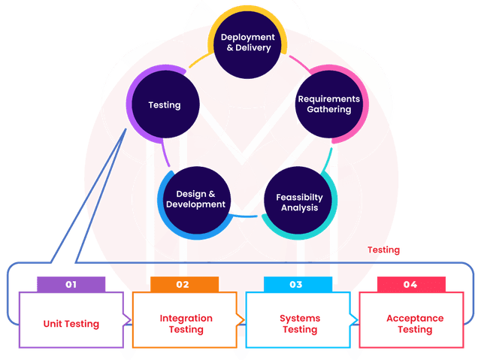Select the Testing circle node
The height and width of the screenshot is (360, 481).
[x=164, y=104]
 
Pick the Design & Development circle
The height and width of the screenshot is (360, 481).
[x=195, y=199]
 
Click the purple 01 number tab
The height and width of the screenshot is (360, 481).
[x=71, y=285]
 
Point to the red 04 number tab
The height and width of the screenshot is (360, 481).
[x=410, y=285]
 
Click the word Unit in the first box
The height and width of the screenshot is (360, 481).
[x=54, y=324]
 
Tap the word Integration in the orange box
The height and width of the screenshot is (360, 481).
[x=186, y=318]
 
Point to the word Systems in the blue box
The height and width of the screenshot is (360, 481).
[x=300, y=318]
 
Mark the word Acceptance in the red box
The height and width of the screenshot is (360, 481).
[x=415, y=318]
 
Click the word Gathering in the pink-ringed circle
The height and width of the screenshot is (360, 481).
[x=328, y=110]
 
